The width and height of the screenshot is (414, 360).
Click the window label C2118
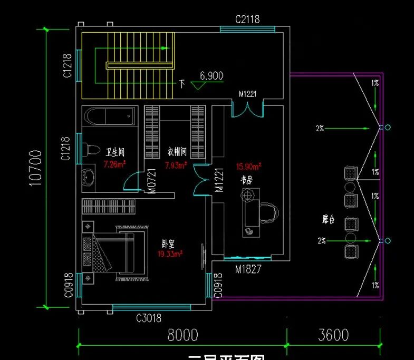coord(247,20)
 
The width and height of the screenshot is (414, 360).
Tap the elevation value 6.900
coord(211,76)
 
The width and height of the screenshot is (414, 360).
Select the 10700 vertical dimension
coord(35,168)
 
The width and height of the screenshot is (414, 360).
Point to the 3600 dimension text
coord(333,335)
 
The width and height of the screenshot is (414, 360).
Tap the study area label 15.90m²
coord(249,167)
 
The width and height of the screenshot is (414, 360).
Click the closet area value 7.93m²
coord(176,165)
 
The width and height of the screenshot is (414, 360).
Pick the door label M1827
coord(248,269)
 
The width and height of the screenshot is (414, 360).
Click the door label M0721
coord(152,181)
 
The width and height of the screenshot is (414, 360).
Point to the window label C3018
coord(149,318)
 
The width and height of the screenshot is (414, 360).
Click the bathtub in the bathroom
coord(109,116)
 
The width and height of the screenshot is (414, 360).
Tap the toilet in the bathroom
coord(91,149)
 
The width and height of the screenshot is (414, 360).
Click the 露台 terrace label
coord(329,219)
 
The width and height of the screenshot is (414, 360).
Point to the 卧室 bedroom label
coord(169,245)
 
